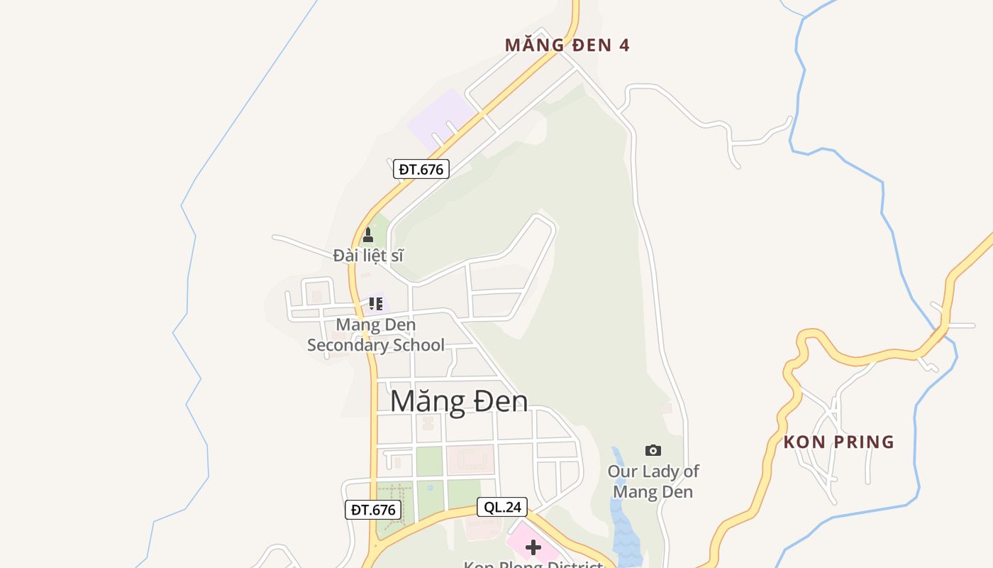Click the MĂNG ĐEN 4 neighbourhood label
point(567,45)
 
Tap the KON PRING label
point(838,442)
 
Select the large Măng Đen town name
point(459,401)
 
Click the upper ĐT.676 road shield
point(421,169)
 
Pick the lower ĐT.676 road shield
point(373,509)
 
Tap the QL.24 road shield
point(502,507)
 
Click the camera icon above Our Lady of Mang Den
point(653,450)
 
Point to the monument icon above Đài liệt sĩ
point(367,235)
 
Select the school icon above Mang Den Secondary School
point(376,304)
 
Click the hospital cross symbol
point(533,547)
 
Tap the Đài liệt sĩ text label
point(368,255)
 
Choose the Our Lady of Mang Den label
point(653,481)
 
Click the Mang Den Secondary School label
point(376,334)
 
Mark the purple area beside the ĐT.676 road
point(440,117)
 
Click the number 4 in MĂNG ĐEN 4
point(623,45)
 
